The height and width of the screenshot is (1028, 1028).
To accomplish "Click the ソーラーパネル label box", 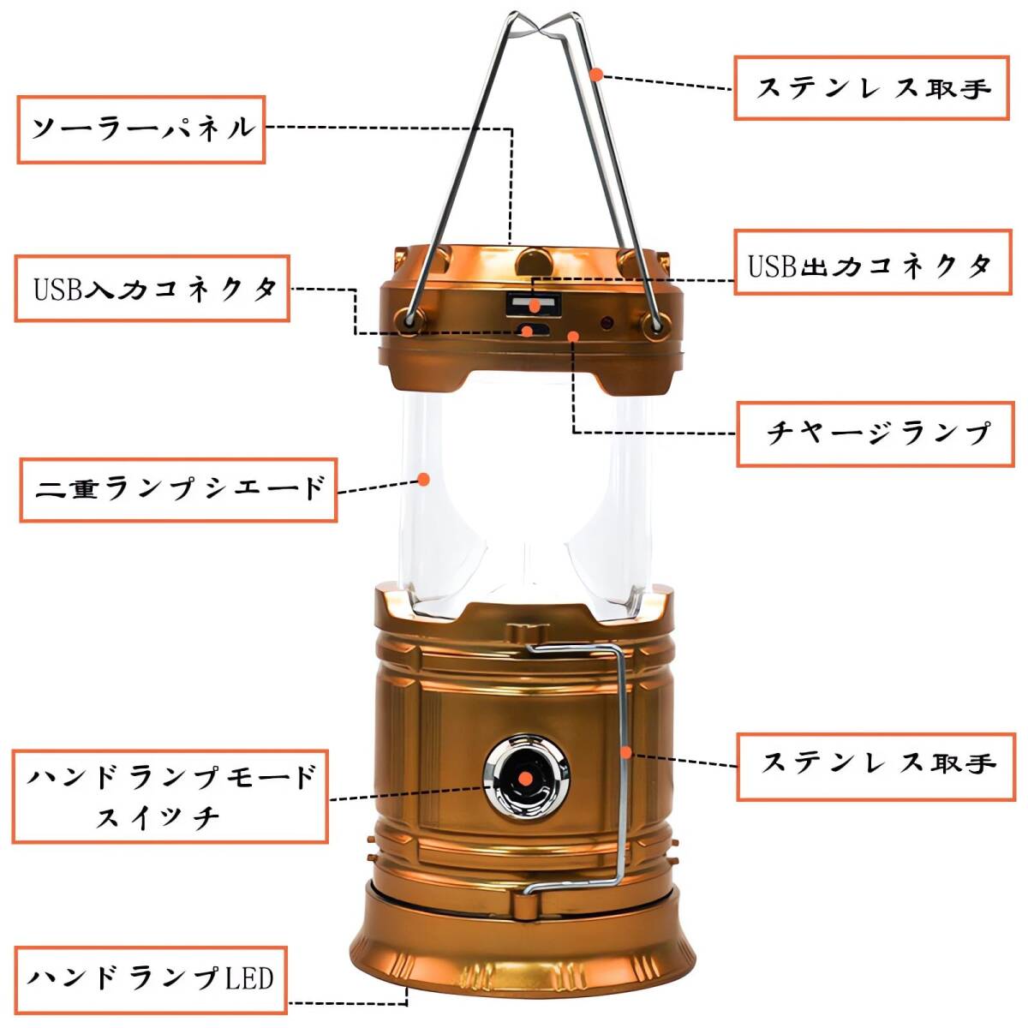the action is pos(141,129).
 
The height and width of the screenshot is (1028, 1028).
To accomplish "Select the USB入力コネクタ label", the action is pos(152,289).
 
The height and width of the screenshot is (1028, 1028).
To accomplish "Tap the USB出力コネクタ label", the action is pos(873,262).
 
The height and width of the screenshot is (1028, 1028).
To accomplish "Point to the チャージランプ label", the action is pos(876,434).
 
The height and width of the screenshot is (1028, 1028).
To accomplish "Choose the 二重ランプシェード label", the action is pos(179,490).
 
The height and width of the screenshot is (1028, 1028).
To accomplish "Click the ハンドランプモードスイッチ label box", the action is pos(170,797).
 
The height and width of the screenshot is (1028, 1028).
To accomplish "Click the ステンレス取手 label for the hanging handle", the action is pos(872,88).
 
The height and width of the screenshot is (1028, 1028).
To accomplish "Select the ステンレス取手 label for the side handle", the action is pos(876,767).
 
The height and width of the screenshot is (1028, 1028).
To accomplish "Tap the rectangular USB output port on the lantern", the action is pos(534,305).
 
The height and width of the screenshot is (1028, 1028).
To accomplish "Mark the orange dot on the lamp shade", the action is pos(424,479).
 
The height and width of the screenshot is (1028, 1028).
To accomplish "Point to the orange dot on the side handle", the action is pos(626,753).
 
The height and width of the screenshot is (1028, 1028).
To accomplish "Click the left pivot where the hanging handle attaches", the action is pos(409,320).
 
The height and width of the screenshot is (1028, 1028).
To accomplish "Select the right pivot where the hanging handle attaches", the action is pos(655,324).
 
